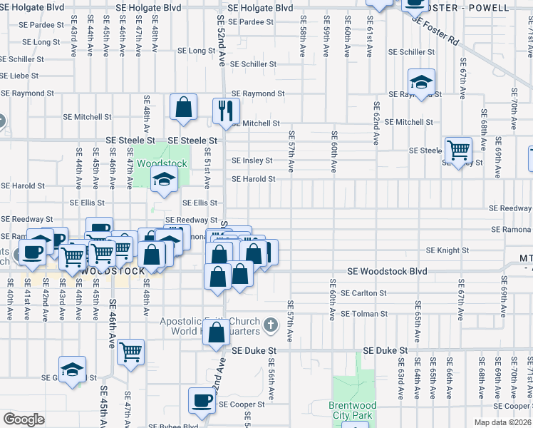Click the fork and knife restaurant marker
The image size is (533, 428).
pyautogui.click(x=226, y=111)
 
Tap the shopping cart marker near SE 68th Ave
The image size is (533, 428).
pyautogui.click(x=458, y=150)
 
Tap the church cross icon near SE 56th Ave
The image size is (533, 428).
pyautogui.click(x=269, y=325)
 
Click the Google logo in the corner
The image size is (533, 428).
pyautogui.click(x=24, y=419)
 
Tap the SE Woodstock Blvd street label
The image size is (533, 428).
pyautogui.click(x=387, y=271)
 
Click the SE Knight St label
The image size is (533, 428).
pyautogui.click(x=447, y=250)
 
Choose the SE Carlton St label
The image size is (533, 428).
pyautogui.click(x=363, y=292)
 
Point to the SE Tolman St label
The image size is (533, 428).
pyautogui.click(x=363, y=314)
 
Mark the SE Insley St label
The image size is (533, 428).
pyautogui.click(x=252, y=160)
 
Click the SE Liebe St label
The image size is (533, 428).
pyautogui.click(x=19, y=76)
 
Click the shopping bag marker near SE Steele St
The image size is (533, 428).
pyautogui.click(x=183, y=108)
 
